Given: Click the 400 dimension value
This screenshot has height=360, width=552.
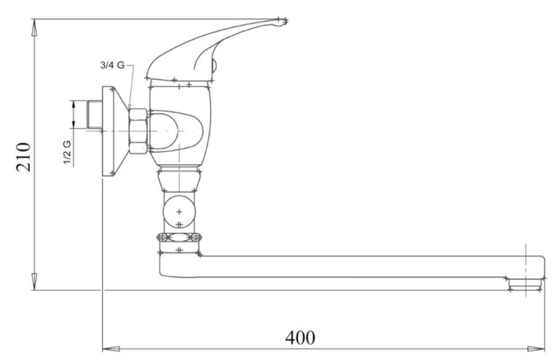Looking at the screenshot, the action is (300, 337).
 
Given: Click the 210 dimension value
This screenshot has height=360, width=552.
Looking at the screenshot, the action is (23, 157).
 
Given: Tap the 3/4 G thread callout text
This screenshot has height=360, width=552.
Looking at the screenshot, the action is (112, 65).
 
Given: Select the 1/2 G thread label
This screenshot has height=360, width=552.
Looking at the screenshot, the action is (67, 152).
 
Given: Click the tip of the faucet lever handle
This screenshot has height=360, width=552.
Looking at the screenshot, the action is (285, 21).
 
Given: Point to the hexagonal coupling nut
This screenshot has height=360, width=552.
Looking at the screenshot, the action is (138, 131).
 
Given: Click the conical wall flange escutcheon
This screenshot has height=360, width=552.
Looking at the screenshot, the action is (115, 131).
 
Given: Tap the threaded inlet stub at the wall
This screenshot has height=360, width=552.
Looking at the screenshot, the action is (94, 114).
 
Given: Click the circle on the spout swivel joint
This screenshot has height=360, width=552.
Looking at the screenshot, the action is (179, 212).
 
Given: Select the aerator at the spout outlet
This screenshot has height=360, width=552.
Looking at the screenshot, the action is (525, 283).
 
